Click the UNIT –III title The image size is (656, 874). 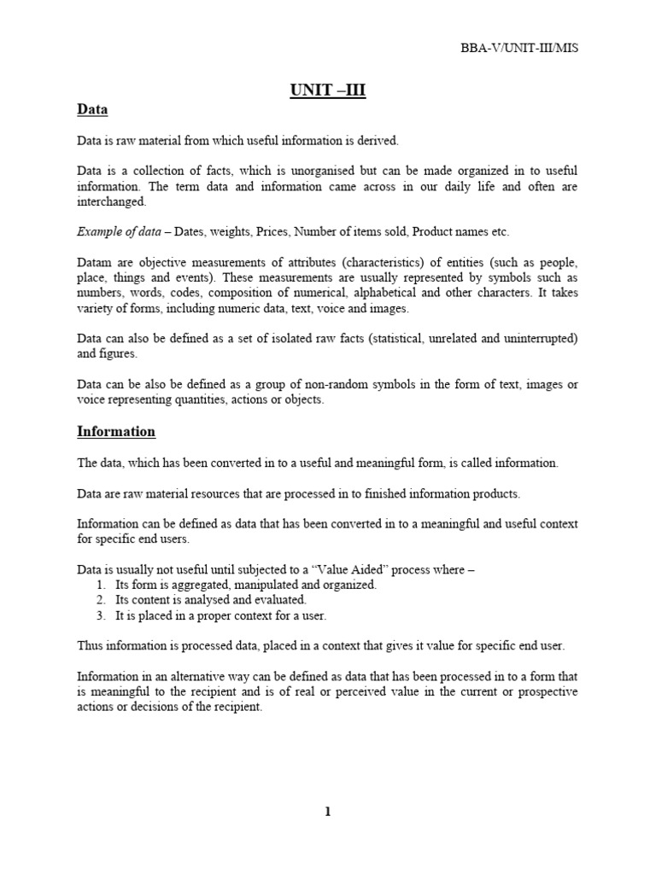[x=328, y=90]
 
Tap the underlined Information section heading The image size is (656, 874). [x=116, y=431]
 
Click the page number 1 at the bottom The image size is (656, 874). [x=327, y=812]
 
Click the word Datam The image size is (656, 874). [x=94, y=264]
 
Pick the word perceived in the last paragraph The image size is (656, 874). [x=324, y=692]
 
